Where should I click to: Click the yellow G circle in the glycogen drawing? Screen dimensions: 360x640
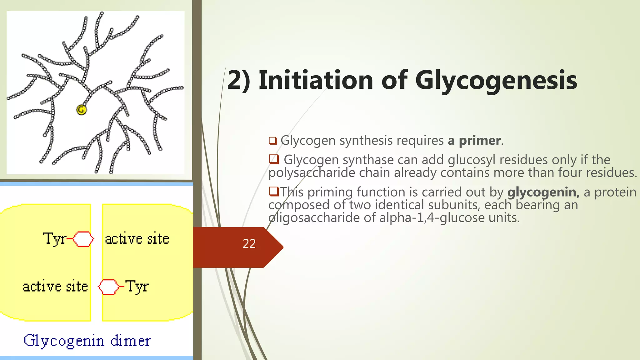click(81, 110)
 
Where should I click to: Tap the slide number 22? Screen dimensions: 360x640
click(249, 244)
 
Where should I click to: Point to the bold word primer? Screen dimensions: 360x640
click(480, 141)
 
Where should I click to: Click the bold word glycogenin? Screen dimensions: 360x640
click(543, 192)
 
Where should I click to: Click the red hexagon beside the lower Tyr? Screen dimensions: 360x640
click(108, 287)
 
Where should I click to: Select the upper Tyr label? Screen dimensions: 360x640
click(54, 239)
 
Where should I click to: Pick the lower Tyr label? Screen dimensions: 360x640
click(137, 287)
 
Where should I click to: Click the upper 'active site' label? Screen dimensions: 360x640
click(137, 239)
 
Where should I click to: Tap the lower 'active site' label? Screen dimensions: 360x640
click(55, 287)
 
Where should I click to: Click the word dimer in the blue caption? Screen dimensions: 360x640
click(131, 341)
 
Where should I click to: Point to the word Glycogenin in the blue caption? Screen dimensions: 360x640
click(64, 341)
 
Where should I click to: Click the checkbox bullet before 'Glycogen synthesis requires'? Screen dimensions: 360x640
click(273, 141)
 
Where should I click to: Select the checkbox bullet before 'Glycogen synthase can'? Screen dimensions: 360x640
click(274, 159)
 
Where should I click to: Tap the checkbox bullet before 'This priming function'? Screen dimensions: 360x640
click(274, 191)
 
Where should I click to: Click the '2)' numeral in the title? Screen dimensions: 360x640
click(239, 80)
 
